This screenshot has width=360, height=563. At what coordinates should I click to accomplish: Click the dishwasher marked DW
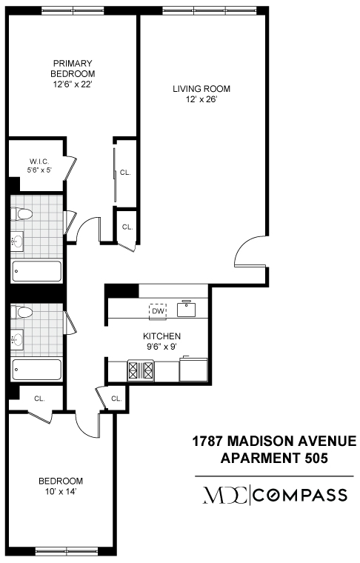(157, 311)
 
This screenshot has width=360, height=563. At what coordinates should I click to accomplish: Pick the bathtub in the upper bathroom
(37, 271)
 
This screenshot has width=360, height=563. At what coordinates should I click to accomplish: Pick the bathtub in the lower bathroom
(37, 369)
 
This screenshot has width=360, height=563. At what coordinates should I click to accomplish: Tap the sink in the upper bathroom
(17, 241)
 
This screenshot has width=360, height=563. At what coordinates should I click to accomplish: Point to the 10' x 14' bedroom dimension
(61, 490)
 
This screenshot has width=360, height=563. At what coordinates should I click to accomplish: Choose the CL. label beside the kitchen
(116, 399)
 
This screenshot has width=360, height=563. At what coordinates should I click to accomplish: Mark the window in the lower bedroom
(66, 550)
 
